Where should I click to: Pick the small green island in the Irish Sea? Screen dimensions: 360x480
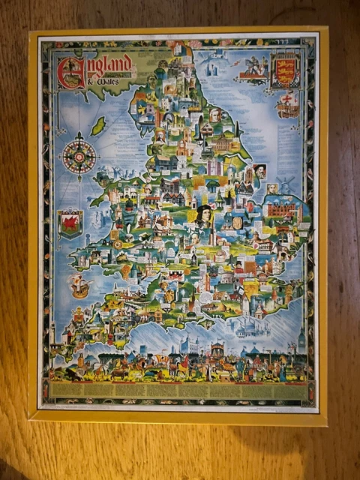tap(97, 125)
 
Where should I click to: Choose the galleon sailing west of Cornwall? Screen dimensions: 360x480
tap(78, 285)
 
